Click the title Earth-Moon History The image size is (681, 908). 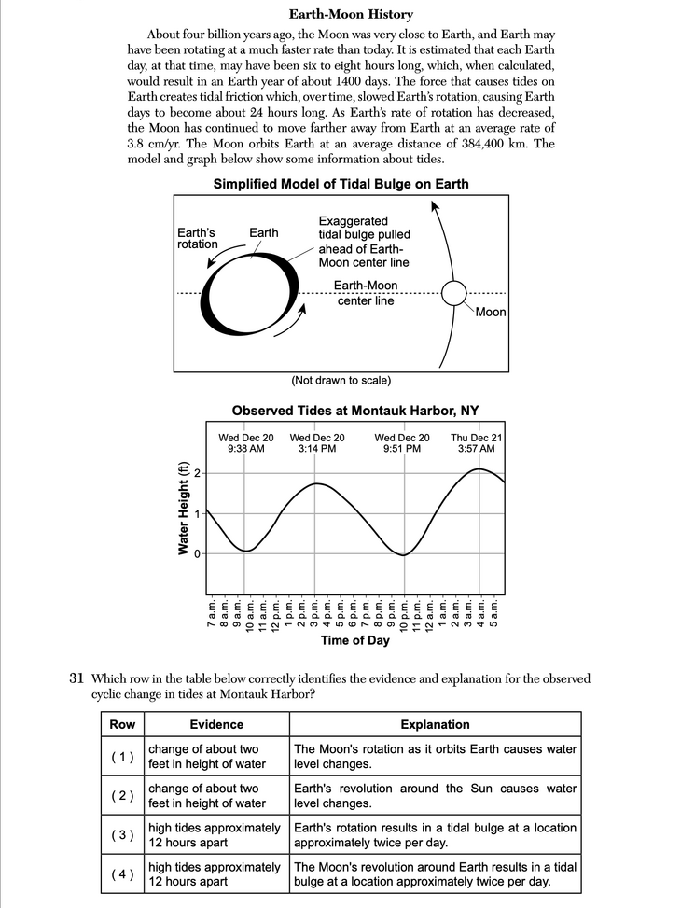[x=351, y=15]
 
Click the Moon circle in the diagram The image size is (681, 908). [x=453, y=293]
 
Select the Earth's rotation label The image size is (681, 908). [x=197, y=238]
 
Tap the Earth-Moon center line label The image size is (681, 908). [x=365, y=293]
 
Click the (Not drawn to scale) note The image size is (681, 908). [x=340, y=380]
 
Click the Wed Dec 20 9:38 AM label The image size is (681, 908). [x=246, y=443]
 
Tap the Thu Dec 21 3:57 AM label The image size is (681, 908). [x=477, y=443]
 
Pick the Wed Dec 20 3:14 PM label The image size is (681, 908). [x=317, y=443]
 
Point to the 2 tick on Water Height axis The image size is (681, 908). [x=197, y=473]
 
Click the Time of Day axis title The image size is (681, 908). [x=354, y=640]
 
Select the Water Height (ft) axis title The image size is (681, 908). [x=184, y=509]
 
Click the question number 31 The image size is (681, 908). [x=78, y=679]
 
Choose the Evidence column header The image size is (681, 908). [x=216, y=724]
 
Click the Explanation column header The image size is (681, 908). [x=435, y=724]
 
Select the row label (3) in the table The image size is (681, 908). [x=122, y=834]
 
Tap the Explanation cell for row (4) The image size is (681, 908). [x=435, y=874]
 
